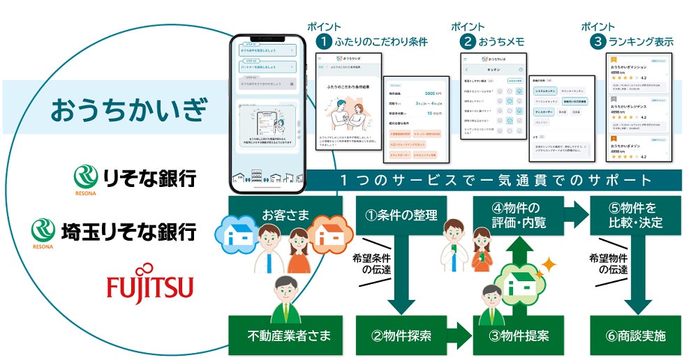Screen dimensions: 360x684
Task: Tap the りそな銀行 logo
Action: pyautogui.click(x=135, y=177)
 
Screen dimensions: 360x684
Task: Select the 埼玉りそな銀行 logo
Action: pyautogui.click(x=114, y=231)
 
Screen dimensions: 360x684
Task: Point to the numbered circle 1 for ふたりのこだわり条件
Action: pyautogui.click(x=323, y=42)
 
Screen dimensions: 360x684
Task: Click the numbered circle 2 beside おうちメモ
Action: pyautogui.click(x=468, y=42)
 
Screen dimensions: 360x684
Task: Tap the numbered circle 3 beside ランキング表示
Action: pyautogui.click(x=597, y=42)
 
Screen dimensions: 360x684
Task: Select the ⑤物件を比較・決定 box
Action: pyautogui.click(x=632, y=215)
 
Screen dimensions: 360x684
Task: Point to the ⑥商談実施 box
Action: pyautogui.click(x=632, y=335)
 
